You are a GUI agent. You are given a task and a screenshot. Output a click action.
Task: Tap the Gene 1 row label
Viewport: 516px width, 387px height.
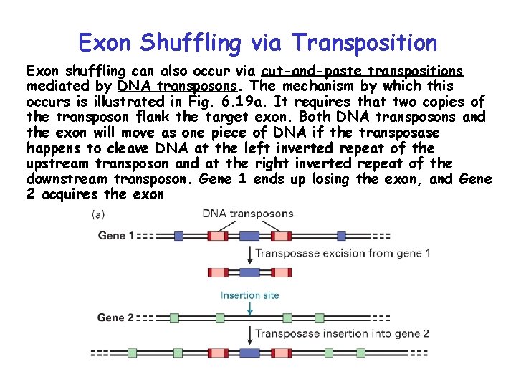click(115, 235)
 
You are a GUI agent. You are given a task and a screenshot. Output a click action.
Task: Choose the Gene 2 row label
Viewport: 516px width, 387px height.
click(115, 317)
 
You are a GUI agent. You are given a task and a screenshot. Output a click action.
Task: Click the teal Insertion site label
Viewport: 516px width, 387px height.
click(250, 295)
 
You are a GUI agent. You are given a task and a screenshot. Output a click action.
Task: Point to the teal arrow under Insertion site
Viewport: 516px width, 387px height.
click(250, 307)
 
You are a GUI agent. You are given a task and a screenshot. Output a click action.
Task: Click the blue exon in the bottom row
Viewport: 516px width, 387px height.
click(249, 353)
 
